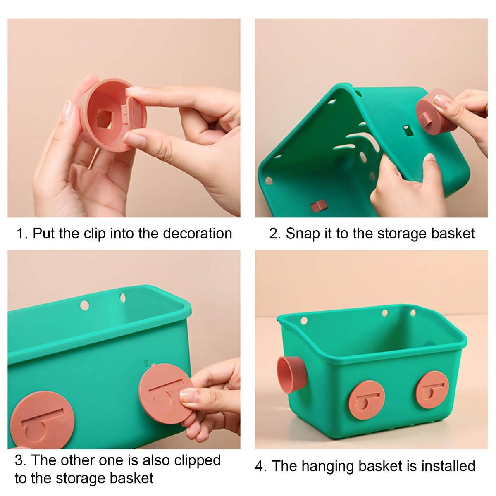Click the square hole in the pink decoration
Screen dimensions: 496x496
click(105, 119)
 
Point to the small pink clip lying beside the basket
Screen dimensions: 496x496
click(318, 206)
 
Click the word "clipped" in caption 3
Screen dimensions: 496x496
click(198, 461)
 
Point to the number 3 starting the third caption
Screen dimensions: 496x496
click(19, 460)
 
